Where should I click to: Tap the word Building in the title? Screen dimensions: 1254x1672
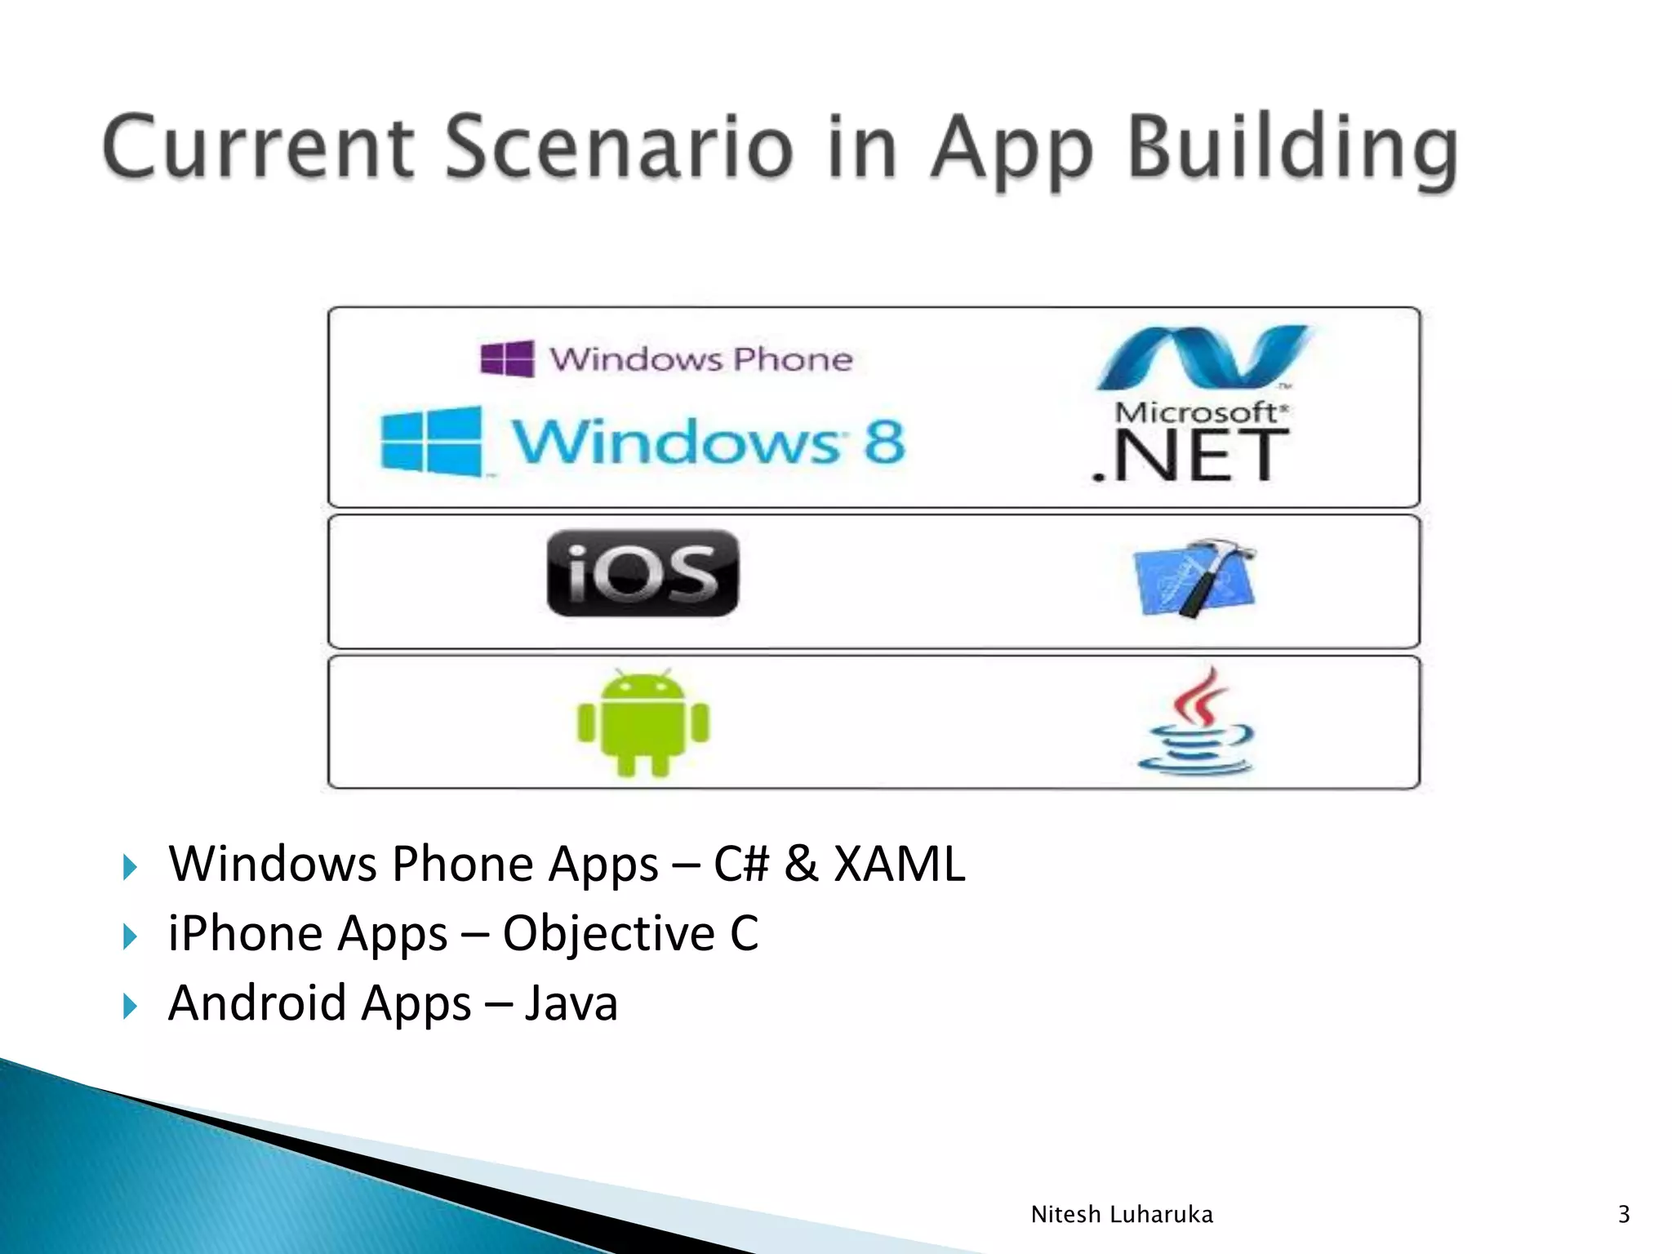click(1293, 149)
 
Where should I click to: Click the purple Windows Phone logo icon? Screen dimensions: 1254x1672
click(507, 358)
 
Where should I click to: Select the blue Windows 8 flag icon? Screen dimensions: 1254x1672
click(431, 441)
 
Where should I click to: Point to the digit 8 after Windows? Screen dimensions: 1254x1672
click(885, 442)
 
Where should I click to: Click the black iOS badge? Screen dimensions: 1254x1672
click(643, 573)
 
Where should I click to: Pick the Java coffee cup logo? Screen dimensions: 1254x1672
click(1196, 722)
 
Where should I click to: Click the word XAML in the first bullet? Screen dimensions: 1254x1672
click(899, 864)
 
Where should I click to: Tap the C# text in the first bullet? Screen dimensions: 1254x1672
click(740, 864)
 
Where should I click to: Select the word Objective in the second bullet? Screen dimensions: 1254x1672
click(608, 933)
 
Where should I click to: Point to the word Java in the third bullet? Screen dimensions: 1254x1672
click(571, 1003)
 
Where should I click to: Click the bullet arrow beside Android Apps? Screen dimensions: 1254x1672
click(130, 1006)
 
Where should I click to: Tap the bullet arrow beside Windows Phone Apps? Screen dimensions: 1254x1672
click(130, 867)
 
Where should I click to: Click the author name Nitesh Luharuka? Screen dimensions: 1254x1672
click(1122, 1215)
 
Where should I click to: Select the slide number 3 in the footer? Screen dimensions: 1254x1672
click(1624, 1215)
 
